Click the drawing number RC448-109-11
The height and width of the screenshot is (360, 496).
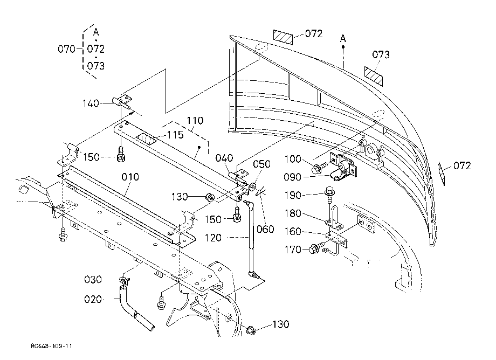pyautogui.click(x=52, y=346)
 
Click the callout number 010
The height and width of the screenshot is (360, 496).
pyautogui.click(x=130, y=177)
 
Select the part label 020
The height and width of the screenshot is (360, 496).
pyautogui.click(x=93, y=299)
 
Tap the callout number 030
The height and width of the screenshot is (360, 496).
pyautogui.click(x=93, y=279)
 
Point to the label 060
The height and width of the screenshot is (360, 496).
pyautogui.click(x=265, y=229)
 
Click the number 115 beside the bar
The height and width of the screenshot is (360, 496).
pyautogui.click(x=175, y=135)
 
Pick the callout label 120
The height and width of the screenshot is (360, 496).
pyautogui.click(x=213, y=238)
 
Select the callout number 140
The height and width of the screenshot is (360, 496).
pyautogui.click(x=91, y=103)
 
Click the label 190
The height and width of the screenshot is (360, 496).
pyautogui.click(x=293, y=195)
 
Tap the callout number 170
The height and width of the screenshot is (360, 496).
pyautogui.click(x=293, y=250)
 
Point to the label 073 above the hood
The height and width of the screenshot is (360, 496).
pyautogui.click(x=381, y=54)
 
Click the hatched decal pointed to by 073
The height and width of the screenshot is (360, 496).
pyautogui.click(x=374, y=76)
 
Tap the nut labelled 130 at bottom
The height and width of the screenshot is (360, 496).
pyautogui.click(x=251, y=330)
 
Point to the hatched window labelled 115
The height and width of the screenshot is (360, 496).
pyautogui.click(x=147, y=139)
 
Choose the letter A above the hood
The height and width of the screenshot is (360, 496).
pyautogui.click(x=343, y=39)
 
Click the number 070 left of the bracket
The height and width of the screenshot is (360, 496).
pyautogui.click(x=66, y=49)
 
